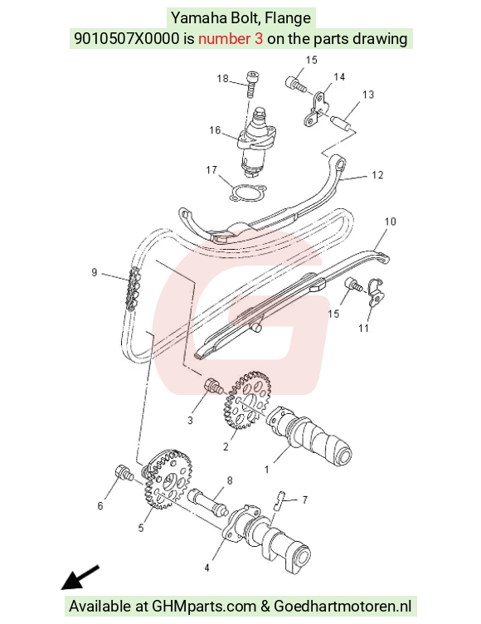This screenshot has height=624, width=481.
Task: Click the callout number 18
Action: point(222,78)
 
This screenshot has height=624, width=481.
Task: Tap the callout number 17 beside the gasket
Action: point(211,170)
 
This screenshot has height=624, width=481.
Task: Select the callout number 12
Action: point(377,175)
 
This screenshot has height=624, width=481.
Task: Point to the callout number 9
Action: point(95,273)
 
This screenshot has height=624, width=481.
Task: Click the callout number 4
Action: point(206,568)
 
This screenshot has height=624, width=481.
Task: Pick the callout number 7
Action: point(304,500)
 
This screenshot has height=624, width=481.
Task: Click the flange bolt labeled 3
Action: point(214,386)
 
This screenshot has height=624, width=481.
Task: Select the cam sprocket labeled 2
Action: point(245,400)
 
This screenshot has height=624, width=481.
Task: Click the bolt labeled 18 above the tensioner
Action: point(252,84)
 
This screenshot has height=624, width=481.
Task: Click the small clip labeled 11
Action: point(375,292)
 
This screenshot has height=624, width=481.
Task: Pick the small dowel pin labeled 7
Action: point(278,500)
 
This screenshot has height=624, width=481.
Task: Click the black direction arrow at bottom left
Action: point(80,577)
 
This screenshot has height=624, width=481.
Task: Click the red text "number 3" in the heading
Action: point(231,39)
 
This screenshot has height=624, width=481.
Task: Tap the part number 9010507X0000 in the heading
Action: point(127,39)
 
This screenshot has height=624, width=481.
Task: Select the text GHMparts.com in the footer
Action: point(204,607)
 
